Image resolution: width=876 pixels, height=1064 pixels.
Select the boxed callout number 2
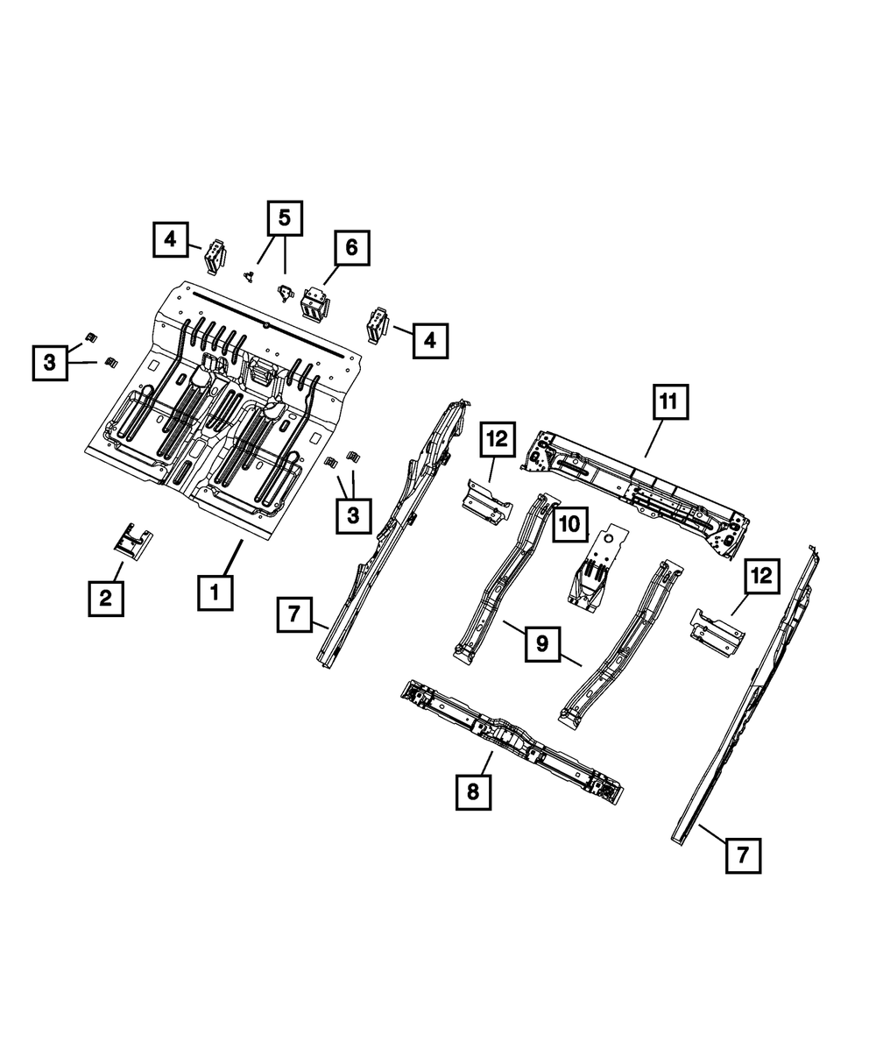pyautogui.click(x=105, y=599)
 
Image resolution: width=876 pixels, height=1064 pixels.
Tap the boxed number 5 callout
pyautogui.click(x=284, y=218)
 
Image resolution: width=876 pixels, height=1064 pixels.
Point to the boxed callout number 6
pyautogui.click(x=350, y=248)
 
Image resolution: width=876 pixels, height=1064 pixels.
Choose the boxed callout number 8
pyautogui.click(x=473, y=792)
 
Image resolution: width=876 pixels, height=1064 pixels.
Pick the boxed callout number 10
pyautogui.click(x=569, y=524)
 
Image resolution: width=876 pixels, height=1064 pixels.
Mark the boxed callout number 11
pyautogui.click(x=668, y=403)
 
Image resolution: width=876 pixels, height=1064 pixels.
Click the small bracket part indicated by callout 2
pyautogui.click(x=132, y=540)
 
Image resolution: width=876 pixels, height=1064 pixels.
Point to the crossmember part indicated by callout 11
pyautogui.click(x=639, y=491)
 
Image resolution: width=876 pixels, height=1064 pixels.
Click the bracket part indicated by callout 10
pyautogui.click(x=596, y=570)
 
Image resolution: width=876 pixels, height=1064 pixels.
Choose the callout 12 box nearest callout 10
pyautogui.click(x=498, y=442)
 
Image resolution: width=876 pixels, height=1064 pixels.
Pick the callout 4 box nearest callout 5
pyautogui.click(x=171, y=239)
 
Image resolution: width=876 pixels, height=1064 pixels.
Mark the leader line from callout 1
pyautogui.click(x=231, y=557)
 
